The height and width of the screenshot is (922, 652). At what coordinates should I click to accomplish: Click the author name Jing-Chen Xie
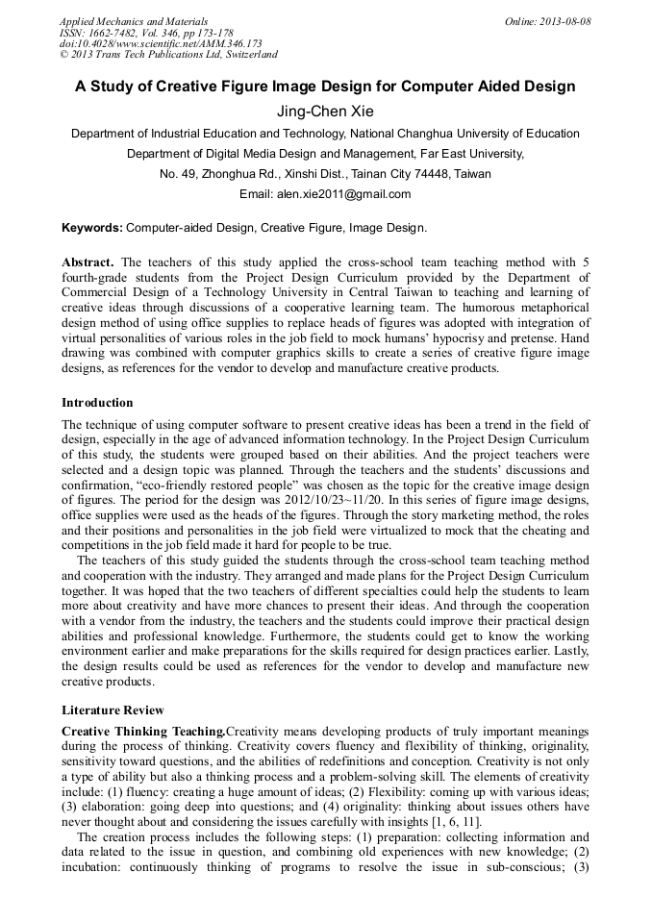pyautogui.click(x=325, y=112)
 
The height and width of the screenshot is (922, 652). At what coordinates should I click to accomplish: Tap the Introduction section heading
pyautogui.click(x=97, y=403)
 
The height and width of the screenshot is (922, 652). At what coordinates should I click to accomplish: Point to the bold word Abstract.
pyautogui.click(x=88, y=262)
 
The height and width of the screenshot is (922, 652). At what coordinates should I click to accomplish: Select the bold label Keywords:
pyautogui.click(x=92, y=228)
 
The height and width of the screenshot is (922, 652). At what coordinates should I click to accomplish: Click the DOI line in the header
pyautogui.click(x=160, y=44)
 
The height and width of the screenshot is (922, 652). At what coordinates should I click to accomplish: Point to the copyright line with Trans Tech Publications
pyautogui.click(x=168, y=56)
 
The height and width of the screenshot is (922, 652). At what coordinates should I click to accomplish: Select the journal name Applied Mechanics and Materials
pyautogui.click(x=133, y=21)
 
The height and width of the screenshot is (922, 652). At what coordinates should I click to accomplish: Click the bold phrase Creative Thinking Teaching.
pyautogui.click(x=142, y=732)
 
